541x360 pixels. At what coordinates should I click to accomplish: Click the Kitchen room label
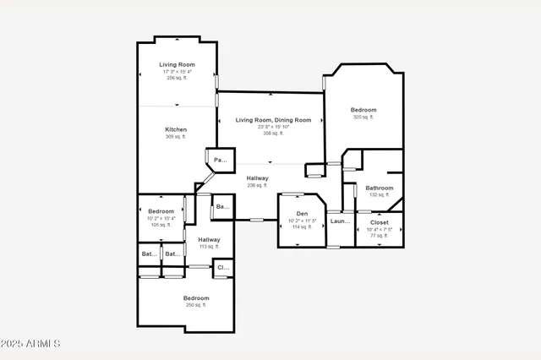point(177,129)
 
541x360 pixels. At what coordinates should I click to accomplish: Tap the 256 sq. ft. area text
point(178,78)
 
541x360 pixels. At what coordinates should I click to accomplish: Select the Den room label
point(302,214)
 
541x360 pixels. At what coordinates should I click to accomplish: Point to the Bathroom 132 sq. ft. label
point(380,188)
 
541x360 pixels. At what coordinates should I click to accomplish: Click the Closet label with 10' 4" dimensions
point(380,222)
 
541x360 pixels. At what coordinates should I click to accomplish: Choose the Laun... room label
point(340,221)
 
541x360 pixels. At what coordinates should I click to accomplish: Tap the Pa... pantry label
point(220,160)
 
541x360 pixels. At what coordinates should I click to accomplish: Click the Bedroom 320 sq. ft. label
point(363,110)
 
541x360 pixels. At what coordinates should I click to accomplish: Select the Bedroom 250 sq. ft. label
point(196,298)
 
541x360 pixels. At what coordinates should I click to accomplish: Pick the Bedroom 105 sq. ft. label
point(161,211)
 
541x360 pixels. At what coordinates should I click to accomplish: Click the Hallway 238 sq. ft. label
point(258,178)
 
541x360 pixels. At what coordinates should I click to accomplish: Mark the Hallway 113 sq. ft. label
point(209,240)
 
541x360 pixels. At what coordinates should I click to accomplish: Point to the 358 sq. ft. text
point(271,134)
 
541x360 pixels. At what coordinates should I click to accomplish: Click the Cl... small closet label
point(223,267)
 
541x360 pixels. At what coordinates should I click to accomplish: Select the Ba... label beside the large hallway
point(222,206)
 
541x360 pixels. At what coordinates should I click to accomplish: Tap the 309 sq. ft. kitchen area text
point(177,137)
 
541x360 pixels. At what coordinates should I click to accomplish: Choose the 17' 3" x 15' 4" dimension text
point(178,71)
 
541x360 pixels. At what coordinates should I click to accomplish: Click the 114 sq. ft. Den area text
point(302,226)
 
